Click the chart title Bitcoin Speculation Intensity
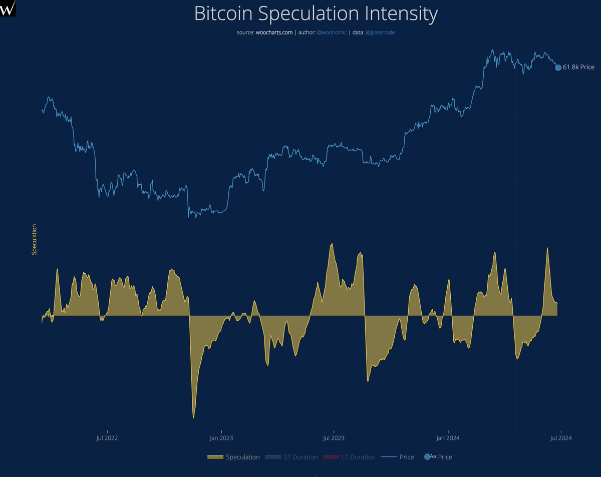pyautogui.click(x=316, y=15)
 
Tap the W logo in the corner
pyautogui.click(x=8, y=8)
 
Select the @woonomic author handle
pyautogui.click(x=332, y=32)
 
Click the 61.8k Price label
pyautogui.click(x=578, y=67)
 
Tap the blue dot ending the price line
pyautogui.click(x=558, y=68)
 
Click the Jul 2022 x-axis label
pyautogui.click(x=106, y=438)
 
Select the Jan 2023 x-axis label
pyautogui.click(x=221, y=438)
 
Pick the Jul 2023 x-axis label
pyautogui.click(x=334, y=438)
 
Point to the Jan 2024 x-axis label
pyautogui.click(x=448, y=438)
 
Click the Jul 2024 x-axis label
pyautogui.click(x=561, y=438)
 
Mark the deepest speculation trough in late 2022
pyautogui.click(x=193, y=417)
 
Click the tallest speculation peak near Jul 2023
pyautogui.click(x=331, y=244)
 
